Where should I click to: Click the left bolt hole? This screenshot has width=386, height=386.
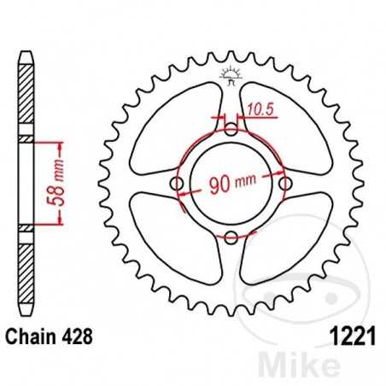click(178, 184)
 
